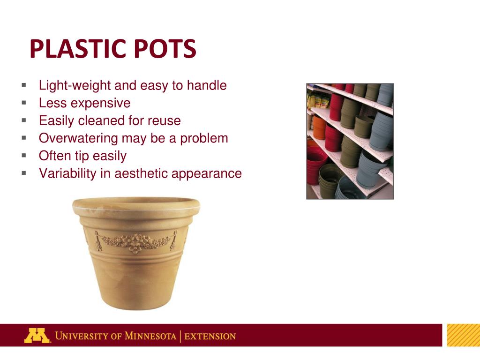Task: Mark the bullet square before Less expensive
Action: pyautogui.click(x=23, y=103)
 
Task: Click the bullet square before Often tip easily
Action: pyautogui.click(x=23, y=155)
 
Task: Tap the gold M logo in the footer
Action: pyautogui.click(x=37, y=336)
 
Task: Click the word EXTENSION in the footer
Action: pyautogui.click(x=210, y=336)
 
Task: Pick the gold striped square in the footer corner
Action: pyautogui.click(x=463, y=335)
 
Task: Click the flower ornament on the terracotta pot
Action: pyautogui.click(x=136, y=243)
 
